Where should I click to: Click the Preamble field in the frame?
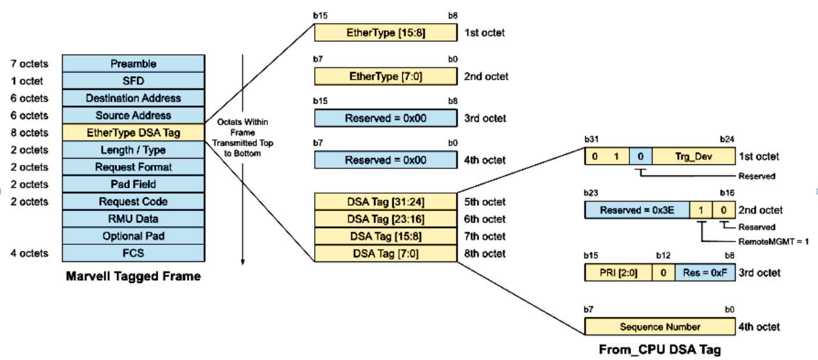(x=133, y=64)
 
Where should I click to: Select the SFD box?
(x=133, y=81)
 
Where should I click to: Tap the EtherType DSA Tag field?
(x=133, y=133)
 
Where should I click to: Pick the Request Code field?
(x=133, y=201)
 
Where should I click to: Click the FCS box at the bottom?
(x=133, y=253)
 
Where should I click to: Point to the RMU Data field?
(x=133, y=219)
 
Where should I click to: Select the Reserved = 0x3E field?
(x=637, y=210)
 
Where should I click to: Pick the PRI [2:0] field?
(x=618, y=273)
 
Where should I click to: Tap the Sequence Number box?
(x=660, y=327)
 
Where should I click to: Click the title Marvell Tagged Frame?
(x=133, y=277)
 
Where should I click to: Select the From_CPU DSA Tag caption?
(x=660, y=350)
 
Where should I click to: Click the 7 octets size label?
(x=29, y=64)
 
